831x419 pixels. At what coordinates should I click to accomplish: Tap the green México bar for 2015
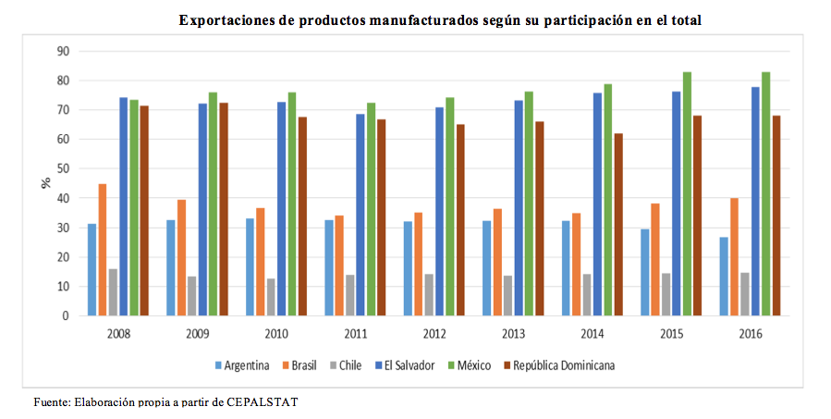coord(688,194)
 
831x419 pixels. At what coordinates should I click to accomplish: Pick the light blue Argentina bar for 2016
coord(725,277)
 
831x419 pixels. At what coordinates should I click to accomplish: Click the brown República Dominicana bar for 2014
coord(618,225)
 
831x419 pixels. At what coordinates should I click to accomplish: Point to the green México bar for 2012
coord(450,206)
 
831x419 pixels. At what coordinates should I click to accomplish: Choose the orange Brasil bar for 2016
coord(735,257)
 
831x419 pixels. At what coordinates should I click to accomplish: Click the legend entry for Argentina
coord(242,365)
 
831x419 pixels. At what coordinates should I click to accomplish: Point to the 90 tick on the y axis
coord(64,51)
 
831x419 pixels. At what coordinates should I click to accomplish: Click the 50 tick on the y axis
coord(64,168)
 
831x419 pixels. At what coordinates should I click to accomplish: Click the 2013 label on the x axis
coord(513,333)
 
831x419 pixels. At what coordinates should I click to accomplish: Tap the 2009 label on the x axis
coord(197,333)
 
